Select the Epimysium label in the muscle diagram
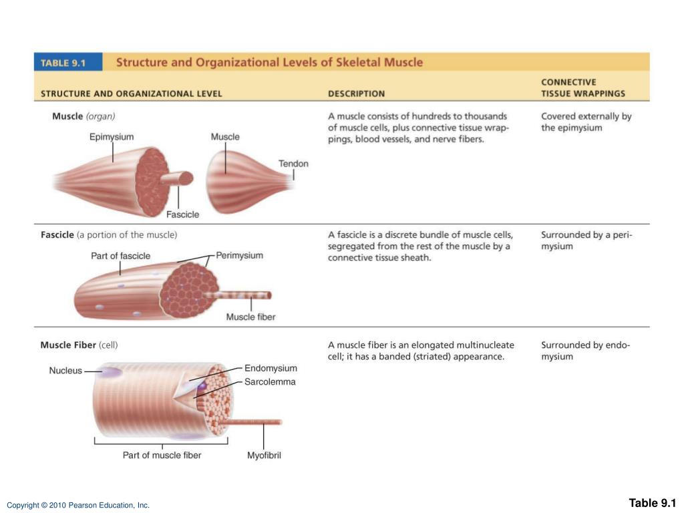click(112, 137)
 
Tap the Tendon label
click(293, 164)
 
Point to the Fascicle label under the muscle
click(182, 214)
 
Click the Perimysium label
click(240, 255)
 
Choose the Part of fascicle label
click(120, 256)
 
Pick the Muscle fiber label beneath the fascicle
click(250, 317)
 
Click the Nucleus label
click(65, 371)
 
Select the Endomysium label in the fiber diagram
click(271, 368)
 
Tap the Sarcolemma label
click(269, 382)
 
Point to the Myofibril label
click(264, 456)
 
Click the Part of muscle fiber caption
click(162, 456)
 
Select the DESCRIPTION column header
click(356, 94)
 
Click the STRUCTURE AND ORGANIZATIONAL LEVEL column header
click(132, 94)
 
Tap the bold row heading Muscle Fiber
click(68, 345)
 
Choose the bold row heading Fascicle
click(57, 234)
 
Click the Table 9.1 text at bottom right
click(652, 503)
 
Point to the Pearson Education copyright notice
click(78, 506)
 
